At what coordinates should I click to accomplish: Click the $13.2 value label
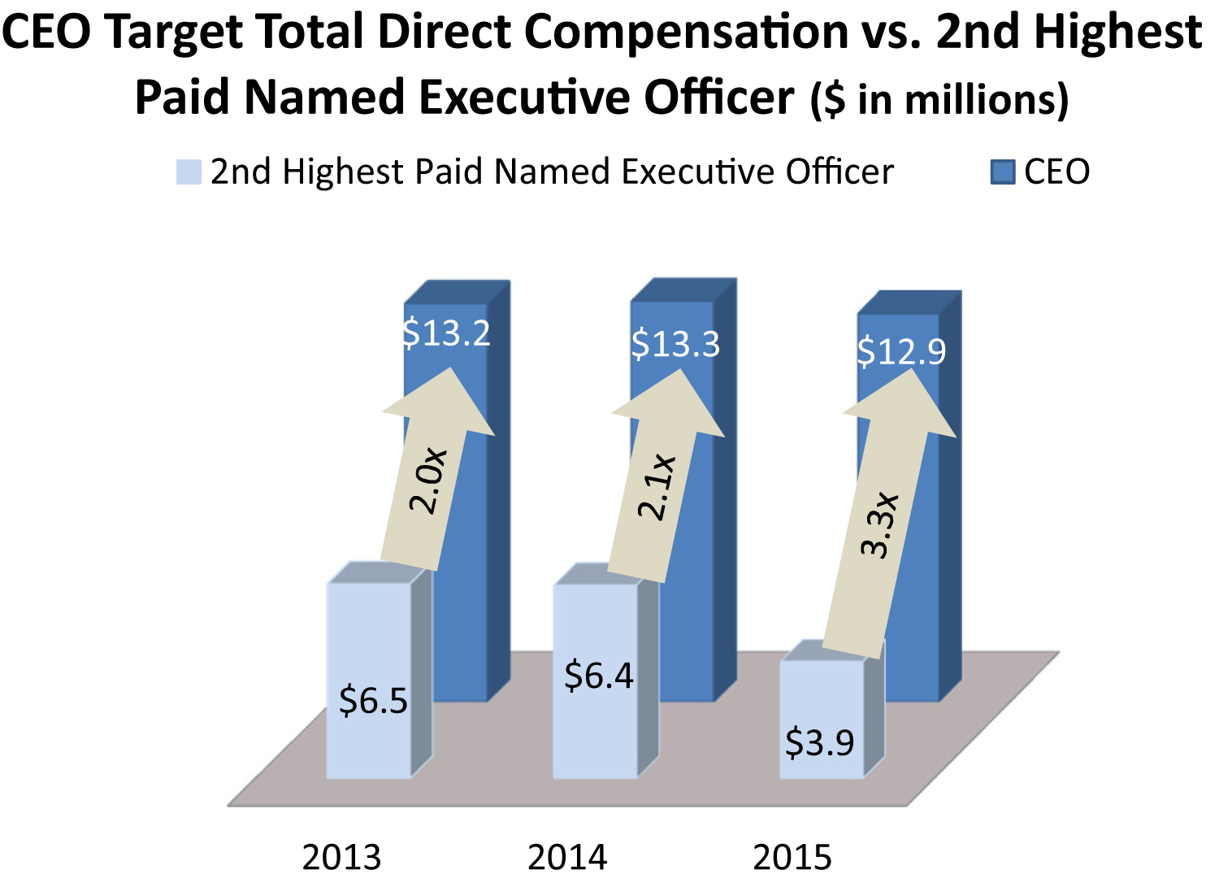point(447,333)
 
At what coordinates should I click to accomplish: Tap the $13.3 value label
point(675,344)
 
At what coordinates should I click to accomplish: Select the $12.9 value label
point(901,351)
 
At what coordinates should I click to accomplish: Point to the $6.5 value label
point(373,701)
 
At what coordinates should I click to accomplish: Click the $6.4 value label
point(599,676)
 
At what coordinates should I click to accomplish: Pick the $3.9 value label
point(819,742)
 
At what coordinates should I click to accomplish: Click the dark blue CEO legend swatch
point(1003,172)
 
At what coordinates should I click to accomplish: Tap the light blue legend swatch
point(189,172)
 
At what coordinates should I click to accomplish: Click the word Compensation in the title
point(686,33)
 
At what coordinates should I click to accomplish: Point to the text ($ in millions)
point(939,100)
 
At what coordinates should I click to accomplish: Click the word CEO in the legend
point(1056,172)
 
